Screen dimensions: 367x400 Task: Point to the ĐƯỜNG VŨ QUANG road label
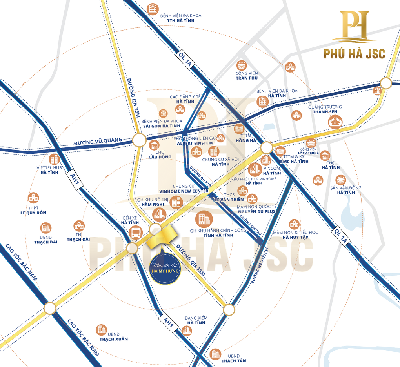[x=98, y=142]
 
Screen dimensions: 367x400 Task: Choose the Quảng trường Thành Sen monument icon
[x=335, y=122]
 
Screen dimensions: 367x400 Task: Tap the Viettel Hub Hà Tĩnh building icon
[x=54, y=159]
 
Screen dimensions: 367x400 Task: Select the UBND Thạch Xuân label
[x=113, y=336]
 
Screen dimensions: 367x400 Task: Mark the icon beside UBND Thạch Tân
[x=215, y=354]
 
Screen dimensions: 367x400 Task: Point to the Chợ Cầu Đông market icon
[x=154, y=145]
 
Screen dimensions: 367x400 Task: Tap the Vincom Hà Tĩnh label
[x=272, y=171]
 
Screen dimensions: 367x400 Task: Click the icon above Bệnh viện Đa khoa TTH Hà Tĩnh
[x=153, y=9]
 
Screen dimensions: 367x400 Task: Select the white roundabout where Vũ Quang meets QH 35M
[x=139, y=140]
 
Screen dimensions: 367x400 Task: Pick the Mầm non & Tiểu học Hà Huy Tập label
[x=295, y=235]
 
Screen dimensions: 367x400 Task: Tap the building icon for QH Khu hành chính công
[x=204, y=218]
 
